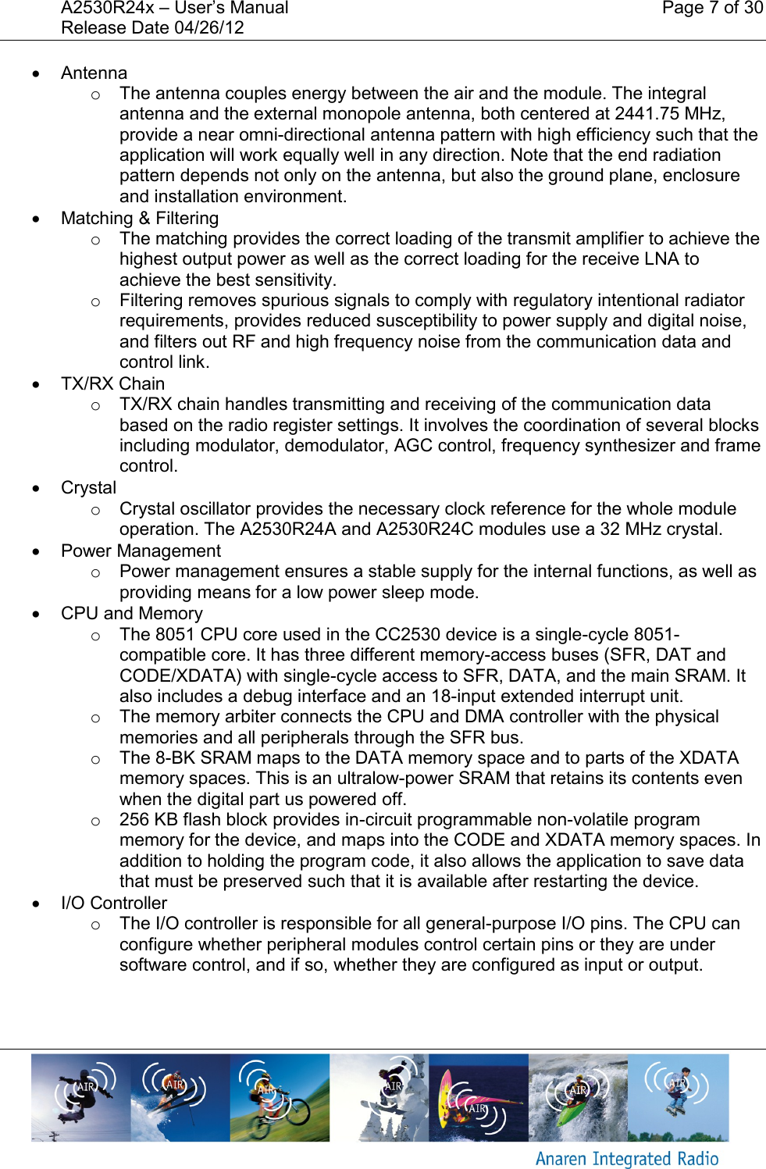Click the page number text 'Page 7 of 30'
pos(711,9)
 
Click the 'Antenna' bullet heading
pos(94,73)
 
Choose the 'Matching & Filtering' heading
pos(140,219)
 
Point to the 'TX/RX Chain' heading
pos(112,384)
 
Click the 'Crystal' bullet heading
pos(88,488)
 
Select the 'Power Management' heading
pos(141,551)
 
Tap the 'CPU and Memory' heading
pos(131,614)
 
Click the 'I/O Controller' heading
pos(114,903)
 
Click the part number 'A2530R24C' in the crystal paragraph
pos(425,529)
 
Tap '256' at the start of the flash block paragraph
pos(134,820)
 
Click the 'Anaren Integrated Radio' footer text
pos(626,1159)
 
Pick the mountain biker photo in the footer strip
pos(280,1097)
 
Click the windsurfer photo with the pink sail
pos(478,1097)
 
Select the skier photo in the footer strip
pos(180,1097)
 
